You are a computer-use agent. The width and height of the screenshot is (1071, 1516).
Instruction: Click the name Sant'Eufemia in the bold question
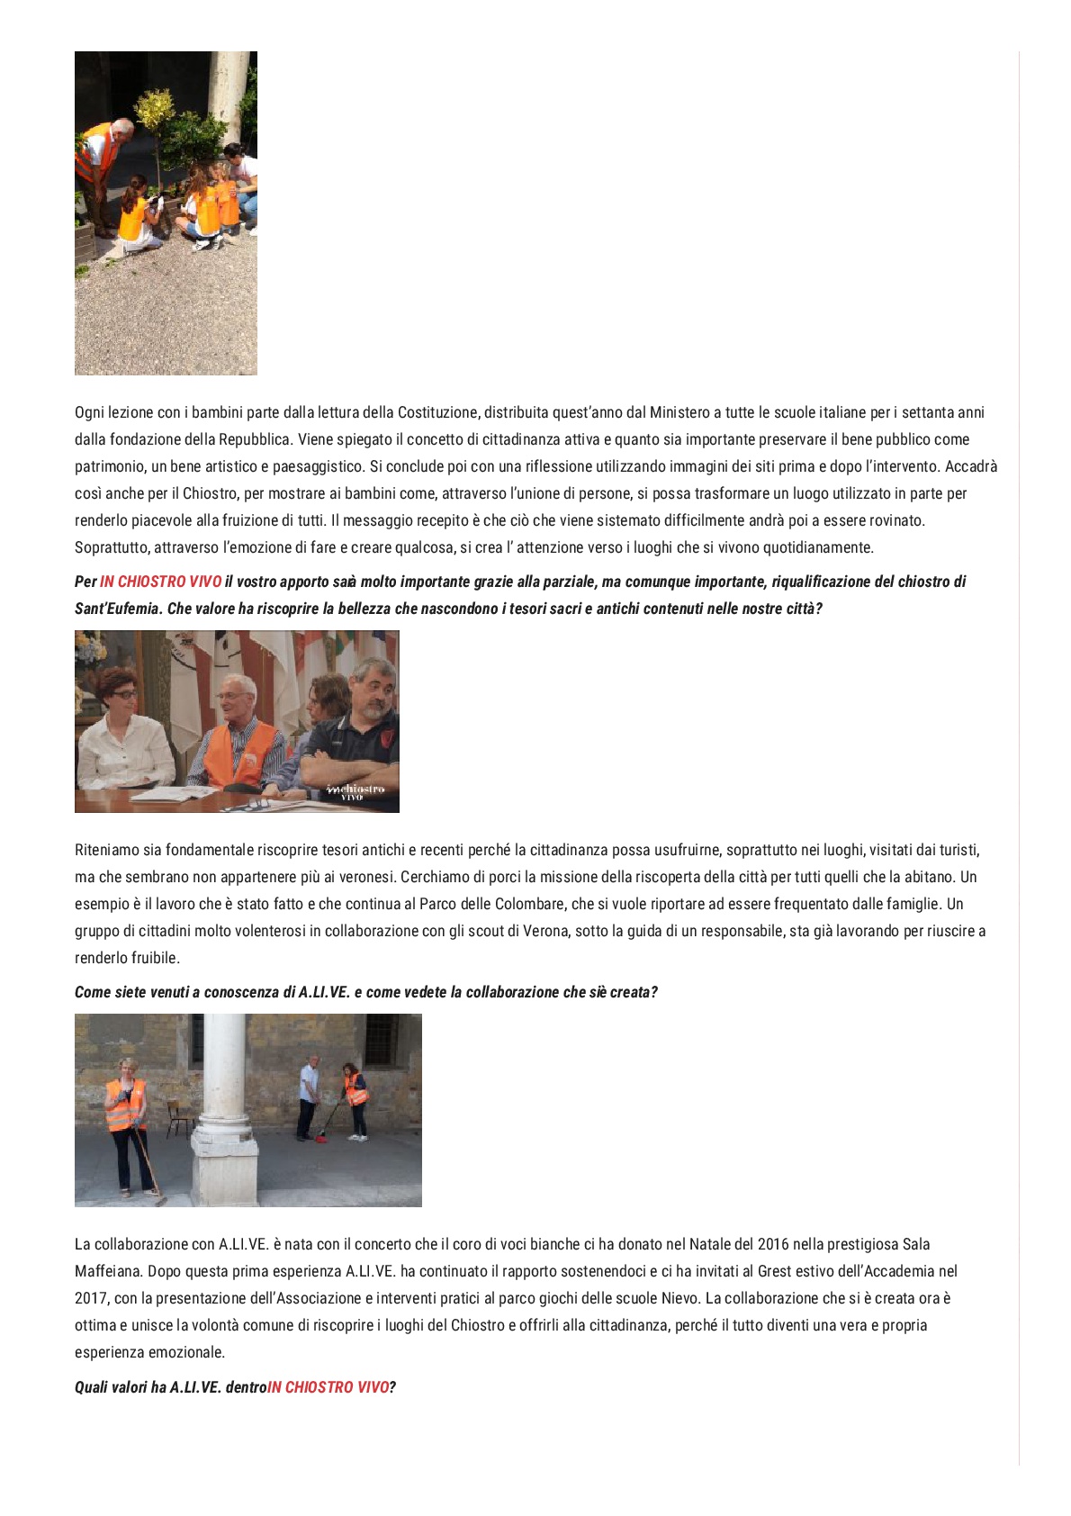tap(118, 609)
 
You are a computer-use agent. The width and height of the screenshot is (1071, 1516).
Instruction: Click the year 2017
tap(90, 1298)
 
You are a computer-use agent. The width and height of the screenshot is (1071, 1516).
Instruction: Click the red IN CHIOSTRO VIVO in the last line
tap(328, 1387)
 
